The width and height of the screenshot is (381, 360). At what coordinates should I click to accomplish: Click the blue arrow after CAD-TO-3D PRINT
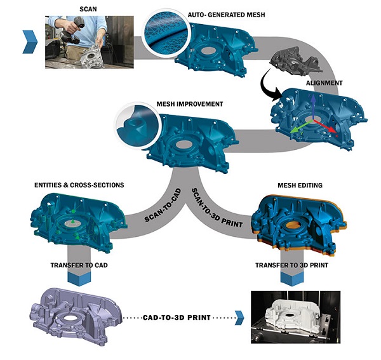pyautogui.click(x=239, y=316)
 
